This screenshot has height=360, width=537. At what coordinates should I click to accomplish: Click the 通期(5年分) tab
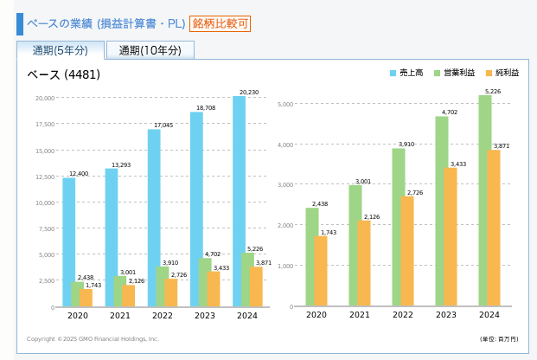[x=61, y=50]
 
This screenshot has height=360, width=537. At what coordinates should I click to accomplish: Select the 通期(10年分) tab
[x=150, y=50]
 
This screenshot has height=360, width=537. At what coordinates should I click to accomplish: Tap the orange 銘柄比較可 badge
[x=221, y=23]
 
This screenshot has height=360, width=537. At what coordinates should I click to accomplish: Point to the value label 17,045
[x=163, y=125]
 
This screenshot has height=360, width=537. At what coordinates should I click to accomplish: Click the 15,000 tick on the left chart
[x=44, y=151]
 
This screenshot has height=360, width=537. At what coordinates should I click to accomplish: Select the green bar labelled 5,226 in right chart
[x=485, y=200]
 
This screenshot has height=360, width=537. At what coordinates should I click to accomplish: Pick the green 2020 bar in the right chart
[x=312, y=256]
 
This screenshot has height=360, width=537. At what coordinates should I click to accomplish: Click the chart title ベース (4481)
[x=64, y=74]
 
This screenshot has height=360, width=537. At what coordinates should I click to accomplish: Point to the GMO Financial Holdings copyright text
[x=93, y=339]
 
